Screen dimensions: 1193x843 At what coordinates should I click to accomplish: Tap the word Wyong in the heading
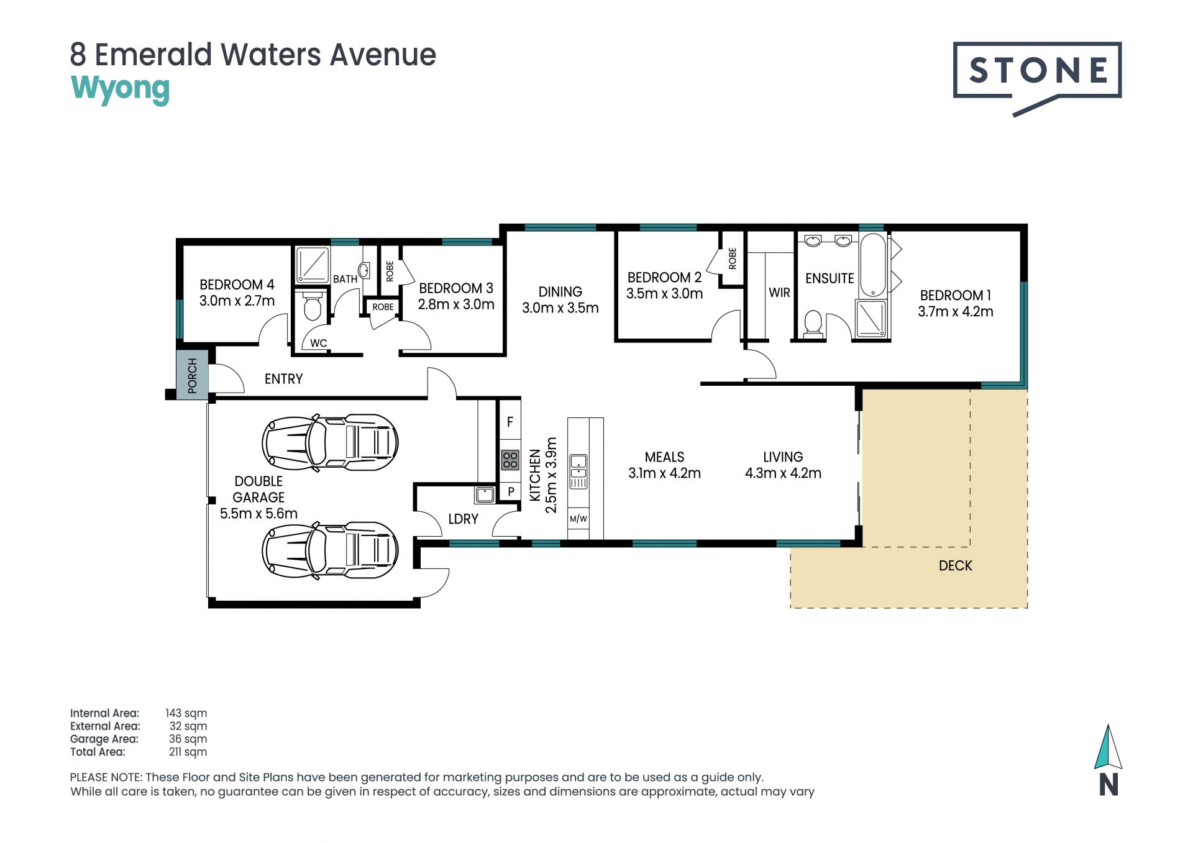[120, 89]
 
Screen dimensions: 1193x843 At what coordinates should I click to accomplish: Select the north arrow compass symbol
[1108, 760]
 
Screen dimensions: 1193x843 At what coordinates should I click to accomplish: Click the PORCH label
[192, 375]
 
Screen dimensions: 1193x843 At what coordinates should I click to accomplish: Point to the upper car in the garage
[330, 443]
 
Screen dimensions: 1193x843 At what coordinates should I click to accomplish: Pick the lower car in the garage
[330, 550]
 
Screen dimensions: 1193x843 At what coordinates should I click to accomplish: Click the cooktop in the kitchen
[510, 460]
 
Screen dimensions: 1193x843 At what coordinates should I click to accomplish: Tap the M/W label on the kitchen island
[578, 519]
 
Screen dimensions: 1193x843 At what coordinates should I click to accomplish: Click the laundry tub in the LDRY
[485, 494]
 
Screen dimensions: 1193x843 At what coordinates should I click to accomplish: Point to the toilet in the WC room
[312, 305]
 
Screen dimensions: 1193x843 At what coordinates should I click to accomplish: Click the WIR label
[779, 292]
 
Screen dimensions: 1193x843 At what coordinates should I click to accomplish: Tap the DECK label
[955, 565]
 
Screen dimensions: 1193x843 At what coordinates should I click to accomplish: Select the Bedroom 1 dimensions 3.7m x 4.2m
[955, 311]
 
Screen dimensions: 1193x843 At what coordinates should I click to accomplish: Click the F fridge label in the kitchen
[510, 422]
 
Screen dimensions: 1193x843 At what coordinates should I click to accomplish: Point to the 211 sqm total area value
[188, 752]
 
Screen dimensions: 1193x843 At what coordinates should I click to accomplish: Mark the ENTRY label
[283, 379]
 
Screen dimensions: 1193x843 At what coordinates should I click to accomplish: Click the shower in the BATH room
[311, 265]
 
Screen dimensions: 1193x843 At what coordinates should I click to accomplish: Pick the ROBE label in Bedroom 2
[733, 258]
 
